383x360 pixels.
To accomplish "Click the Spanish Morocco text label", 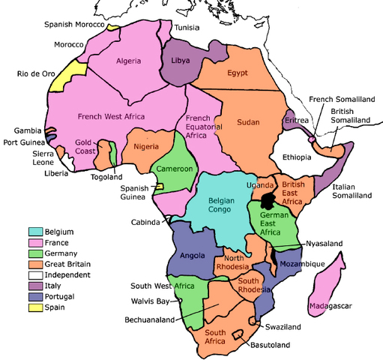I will pyautogui.click(x=73, y=24).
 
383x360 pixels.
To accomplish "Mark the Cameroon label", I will pyautogui.click(x=175, y=169).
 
